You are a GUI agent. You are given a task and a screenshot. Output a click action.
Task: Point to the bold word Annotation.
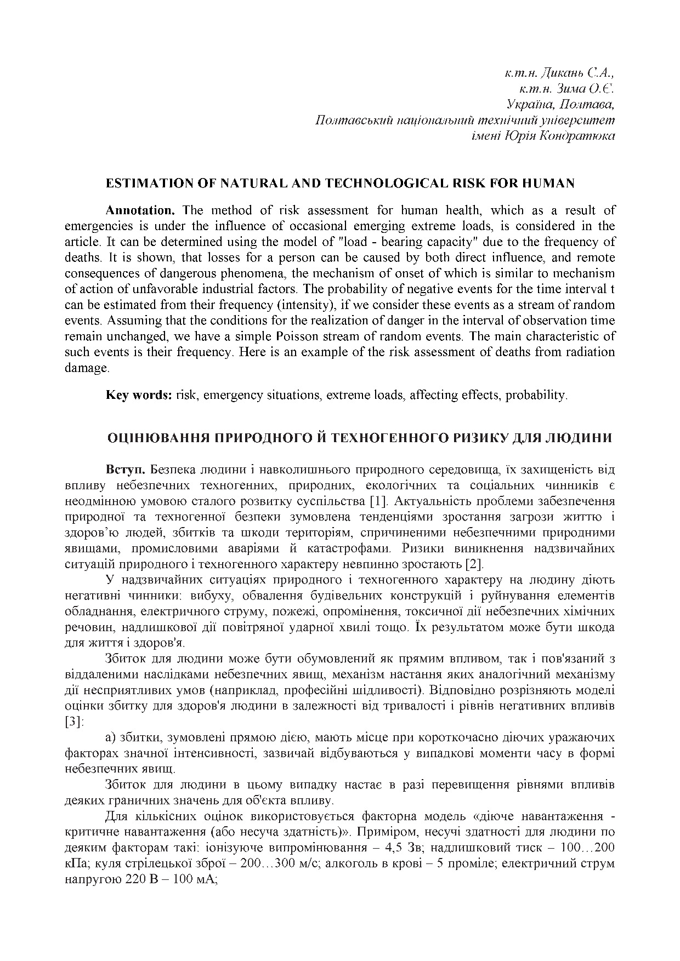tap(140, 210)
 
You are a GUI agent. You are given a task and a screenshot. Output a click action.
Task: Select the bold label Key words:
tap(139, 395)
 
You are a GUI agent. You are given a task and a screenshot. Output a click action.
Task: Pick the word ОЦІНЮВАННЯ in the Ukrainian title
tap(158, 438)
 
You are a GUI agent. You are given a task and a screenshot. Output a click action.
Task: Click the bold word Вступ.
tap(126, 470)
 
